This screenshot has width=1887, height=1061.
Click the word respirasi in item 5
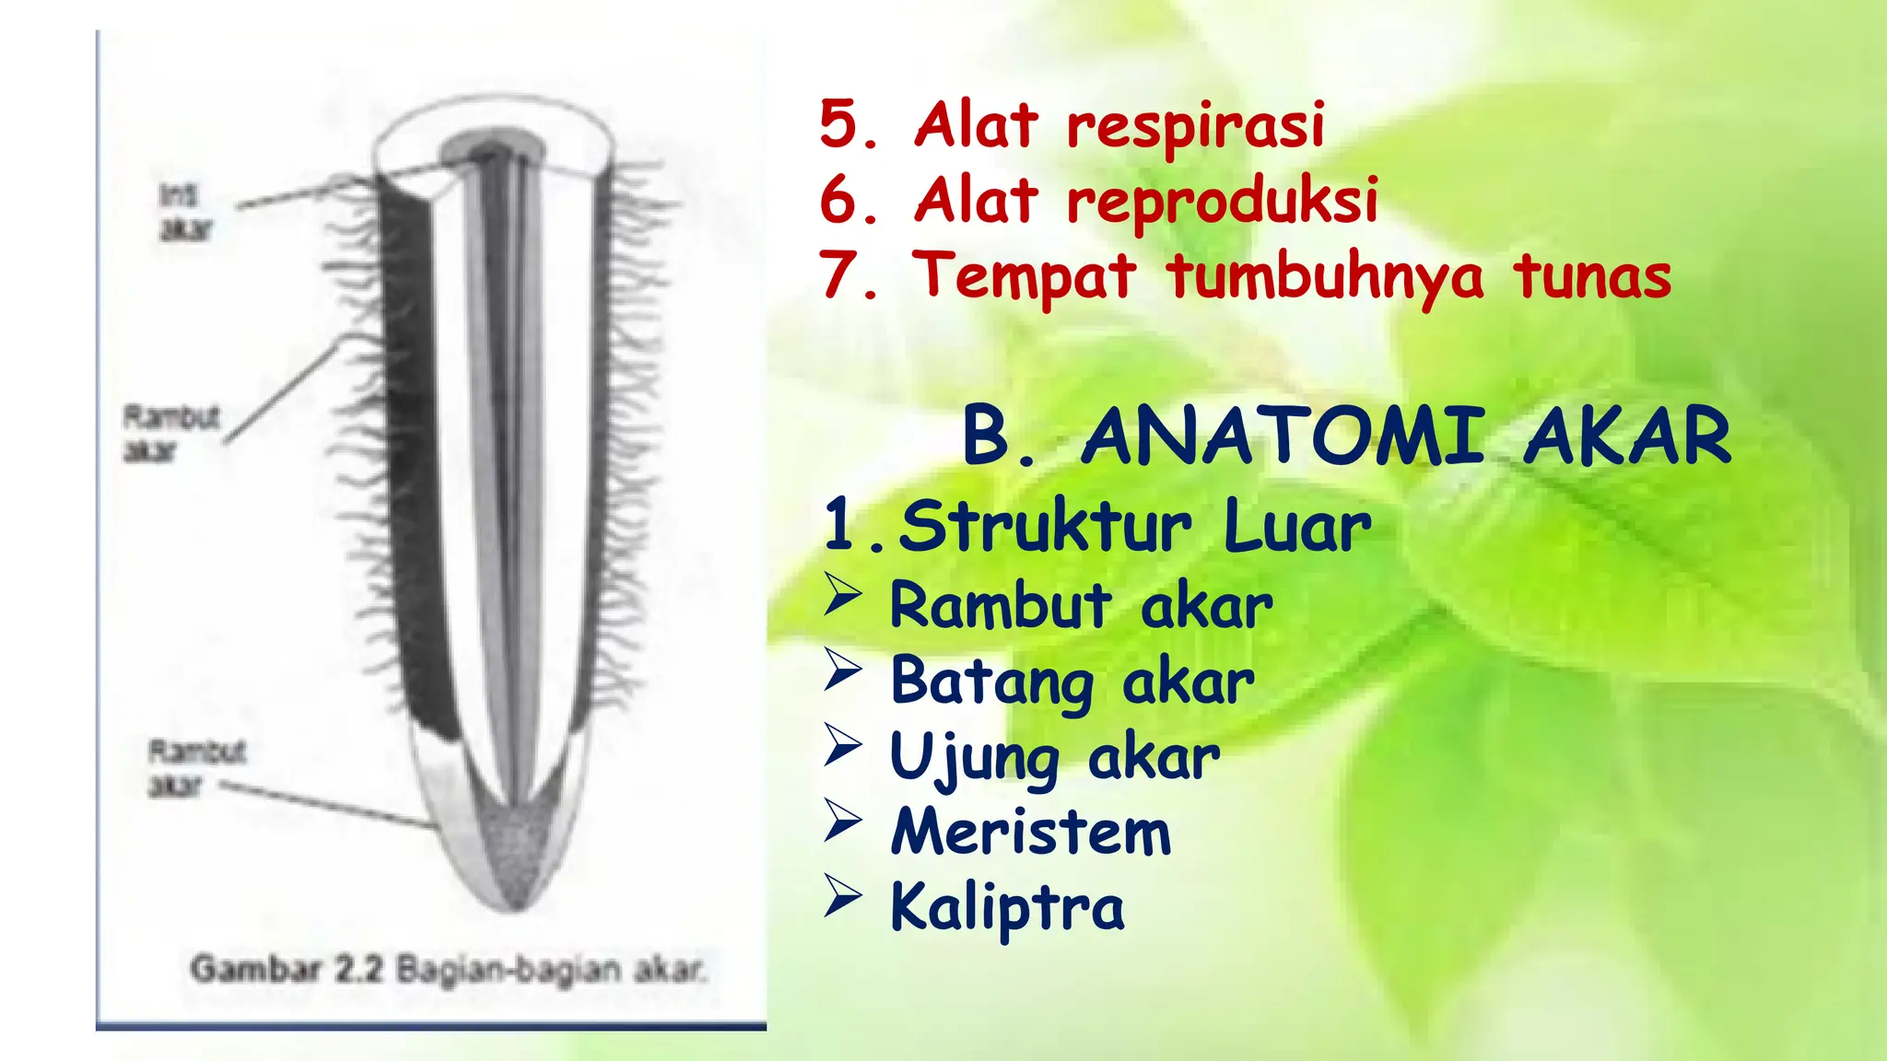click(x=1195, y=126)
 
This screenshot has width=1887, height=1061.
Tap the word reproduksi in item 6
click(x=1222, y=202)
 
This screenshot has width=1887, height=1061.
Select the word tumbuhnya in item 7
click(x=1325, y=277)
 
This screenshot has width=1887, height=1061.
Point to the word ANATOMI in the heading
click(x=1283, y=437)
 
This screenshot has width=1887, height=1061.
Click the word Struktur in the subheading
click(x=1045, y=527)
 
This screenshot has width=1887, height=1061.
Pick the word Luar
click(x=1297, y=527)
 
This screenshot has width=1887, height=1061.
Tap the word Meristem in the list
click(x=1031, y=833)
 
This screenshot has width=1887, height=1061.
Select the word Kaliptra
click(x=1007, y=908)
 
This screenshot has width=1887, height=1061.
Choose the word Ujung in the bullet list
click(x=975, y=758)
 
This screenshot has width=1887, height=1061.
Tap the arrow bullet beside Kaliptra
click(x=843, y=896)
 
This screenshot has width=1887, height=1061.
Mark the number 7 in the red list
click(x=839, y=277)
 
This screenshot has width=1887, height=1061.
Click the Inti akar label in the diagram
click(x=184, y=212)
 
